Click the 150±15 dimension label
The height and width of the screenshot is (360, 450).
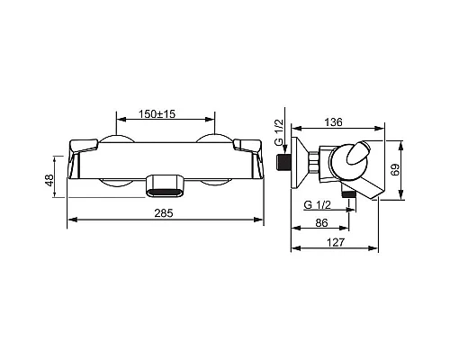157,114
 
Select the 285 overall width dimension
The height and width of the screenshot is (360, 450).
164,213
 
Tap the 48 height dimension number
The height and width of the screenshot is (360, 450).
49,180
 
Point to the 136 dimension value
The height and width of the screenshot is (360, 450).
333,122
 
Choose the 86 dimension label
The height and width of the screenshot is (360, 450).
321,223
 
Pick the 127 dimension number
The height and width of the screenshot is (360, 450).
336,242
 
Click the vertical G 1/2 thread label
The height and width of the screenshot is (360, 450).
279,132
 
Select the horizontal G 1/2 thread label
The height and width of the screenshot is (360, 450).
317,205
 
